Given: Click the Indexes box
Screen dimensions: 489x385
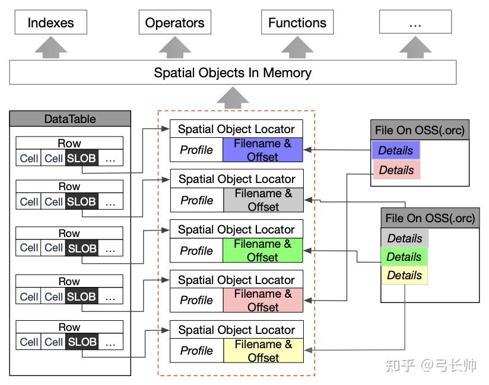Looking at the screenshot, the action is coord(51,22).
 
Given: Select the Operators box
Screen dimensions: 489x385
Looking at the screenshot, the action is coord(175,22).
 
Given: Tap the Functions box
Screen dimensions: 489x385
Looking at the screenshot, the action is coord(297,22).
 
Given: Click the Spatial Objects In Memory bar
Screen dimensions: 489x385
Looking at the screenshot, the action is coord(233,72).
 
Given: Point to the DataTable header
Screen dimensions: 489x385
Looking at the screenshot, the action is coord(70,119).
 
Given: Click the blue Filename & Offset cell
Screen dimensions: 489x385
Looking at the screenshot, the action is coord(262,150).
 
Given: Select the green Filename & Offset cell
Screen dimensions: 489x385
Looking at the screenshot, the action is coord(262,250).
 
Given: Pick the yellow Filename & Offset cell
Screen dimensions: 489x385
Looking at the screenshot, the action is coord(263,351).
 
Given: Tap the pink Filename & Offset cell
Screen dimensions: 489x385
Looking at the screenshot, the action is coord(263,300).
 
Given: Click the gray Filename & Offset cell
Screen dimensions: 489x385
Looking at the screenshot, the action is coord(263,200).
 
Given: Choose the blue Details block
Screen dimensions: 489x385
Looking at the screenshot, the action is coord(396,150).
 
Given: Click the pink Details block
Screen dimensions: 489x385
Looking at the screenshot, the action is coord(396,170).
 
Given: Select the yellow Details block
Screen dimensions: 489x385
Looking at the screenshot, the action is coord(405,275).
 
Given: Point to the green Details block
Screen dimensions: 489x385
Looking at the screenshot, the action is coord(404,257).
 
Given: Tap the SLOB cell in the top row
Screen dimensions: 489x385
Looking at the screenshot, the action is coord(81,158).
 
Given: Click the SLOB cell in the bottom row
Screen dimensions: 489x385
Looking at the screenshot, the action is coord(82,342).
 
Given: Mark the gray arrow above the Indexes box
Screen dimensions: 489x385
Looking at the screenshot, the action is coord(51,48).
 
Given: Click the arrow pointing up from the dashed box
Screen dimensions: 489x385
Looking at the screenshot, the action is coord(233,97).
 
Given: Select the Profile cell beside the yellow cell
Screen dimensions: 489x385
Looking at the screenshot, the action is coord(197,351).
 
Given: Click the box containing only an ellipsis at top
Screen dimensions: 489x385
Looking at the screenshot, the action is coord(415,22).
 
